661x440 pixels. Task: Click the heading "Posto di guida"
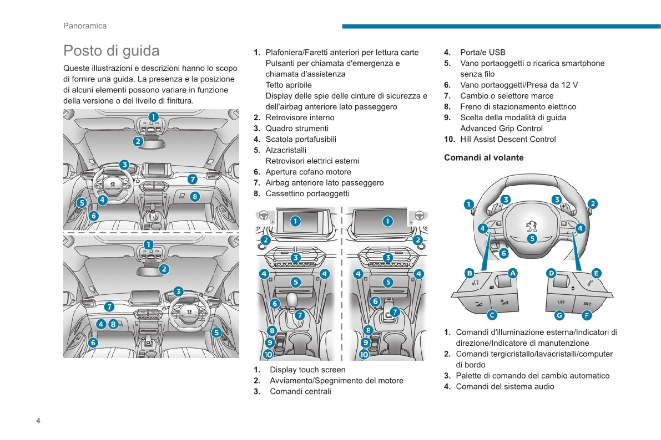click(111, 50)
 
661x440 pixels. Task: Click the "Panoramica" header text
click(85, 25)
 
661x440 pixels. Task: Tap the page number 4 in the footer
click(38, 421)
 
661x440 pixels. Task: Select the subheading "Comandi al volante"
click(483, 157)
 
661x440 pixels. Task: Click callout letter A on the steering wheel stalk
click(513, 273)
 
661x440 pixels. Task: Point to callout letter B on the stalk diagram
click(469, 273)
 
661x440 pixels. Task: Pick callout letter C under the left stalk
click(492, 315)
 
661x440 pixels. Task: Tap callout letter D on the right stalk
click(551, 273)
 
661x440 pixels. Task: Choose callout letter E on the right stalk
click(596, 273)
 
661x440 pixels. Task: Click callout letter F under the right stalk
click(587, 315)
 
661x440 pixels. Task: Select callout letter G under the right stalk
click(559, 315)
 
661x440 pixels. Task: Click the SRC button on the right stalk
click(587, 303)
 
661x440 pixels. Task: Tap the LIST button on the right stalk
click(561, 302)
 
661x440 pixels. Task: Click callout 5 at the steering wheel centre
click(532, 239)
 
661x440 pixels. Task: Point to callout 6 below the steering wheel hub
click(503, 253)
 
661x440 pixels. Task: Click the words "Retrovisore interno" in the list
click(300, 117)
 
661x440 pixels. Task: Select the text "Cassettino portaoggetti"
click(307, 193)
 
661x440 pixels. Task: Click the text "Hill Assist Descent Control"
click(508, 139)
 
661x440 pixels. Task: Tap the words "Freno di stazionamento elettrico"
click(518, 106)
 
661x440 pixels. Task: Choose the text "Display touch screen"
click(307, 370)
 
